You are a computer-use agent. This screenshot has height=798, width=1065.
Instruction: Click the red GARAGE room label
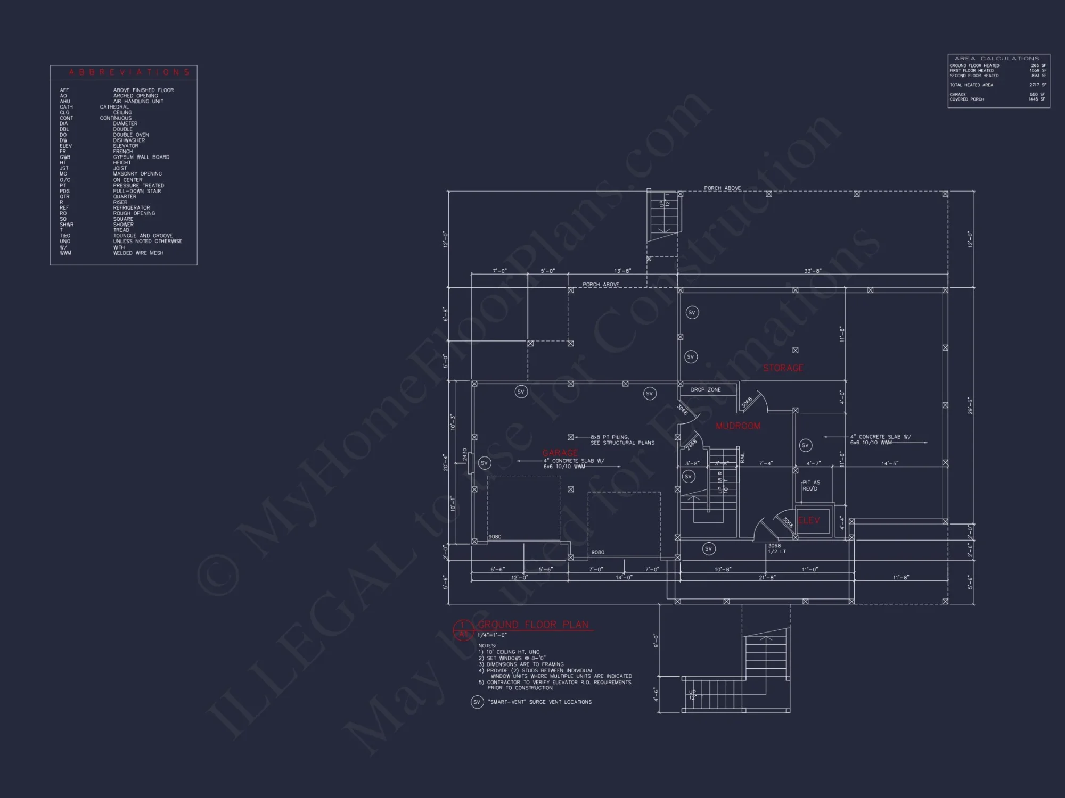[x=560, y=453]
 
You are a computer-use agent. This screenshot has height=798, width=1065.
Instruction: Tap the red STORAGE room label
[x=783, y=368]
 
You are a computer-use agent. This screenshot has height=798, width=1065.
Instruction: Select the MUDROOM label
[x=738, y=426]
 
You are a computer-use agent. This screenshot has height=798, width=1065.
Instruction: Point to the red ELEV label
[x=809, y=520]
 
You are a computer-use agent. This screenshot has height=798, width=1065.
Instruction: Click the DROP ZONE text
[x=706, y=390]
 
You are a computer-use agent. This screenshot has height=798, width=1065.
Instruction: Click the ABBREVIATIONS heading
[x=129, y=72]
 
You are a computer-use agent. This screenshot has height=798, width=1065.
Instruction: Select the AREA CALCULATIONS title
[x=997, y=59]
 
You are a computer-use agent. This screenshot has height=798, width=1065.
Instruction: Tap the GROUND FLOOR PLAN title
[x=533, y=625]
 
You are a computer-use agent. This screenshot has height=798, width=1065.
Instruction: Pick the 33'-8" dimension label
[x=813, y=271]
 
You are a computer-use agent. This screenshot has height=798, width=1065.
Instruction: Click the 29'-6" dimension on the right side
[x=970, y=405]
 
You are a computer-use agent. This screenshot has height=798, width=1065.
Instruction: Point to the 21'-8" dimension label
[x=767, y=577]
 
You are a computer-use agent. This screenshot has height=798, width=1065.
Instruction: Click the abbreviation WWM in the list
[x=65, y=253]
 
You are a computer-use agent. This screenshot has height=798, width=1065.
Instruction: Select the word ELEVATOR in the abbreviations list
[x=126, y=146]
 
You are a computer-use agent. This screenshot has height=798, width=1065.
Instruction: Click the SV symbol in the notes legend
[x=477, y=702]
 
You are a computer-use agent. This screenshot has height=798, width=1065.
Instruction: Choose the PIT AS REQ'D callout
[x=811, y=486]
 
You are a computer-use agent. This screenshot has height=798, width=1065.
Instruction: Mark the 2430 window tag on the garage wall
[x=465, y=455]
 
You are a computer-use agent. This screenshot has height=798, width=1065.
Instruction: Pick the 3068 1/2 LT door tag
[x=776, y=548]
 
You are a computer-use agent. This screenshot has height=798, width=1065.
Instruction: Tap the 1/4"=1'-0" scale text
[x=492, y=635]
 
